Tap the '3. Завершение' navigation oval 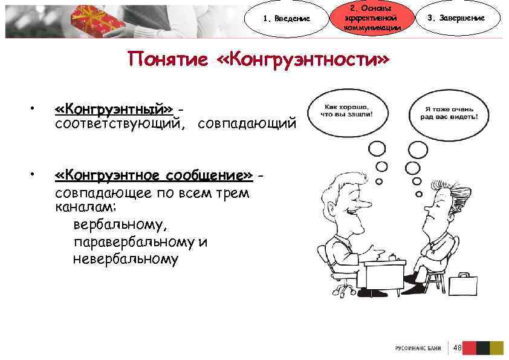pos(464,18)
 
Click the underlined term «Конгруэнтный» pos(114,109)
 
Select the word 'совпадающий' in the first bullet pos(247,124)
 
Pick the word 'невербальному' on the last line pos(126,260)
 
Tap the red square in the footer pos(469,347)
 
